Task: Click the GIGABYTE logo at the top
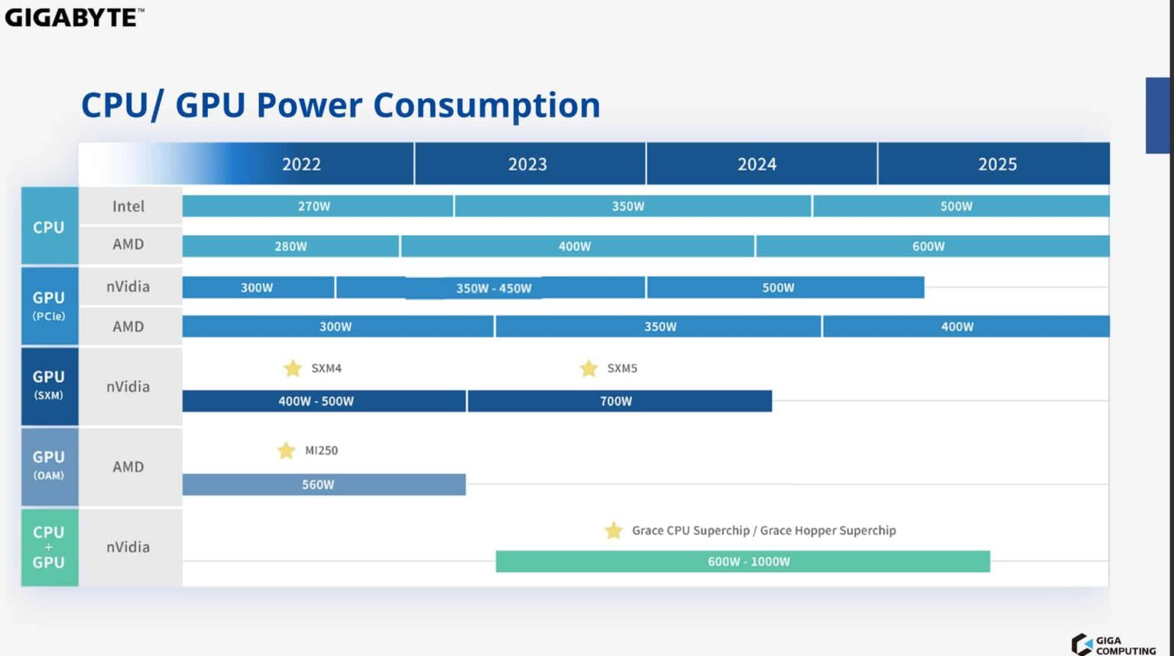click(x=74, y=17)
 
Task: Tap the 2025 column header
click(x=996, y=163)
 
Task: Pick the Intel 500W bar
click(x=960, y=206)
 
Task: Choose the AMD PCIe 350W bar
click(x=658, y=326)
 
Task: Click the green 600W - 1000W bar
click(x=743, y=561)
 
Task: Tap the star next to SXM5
click(x=589, y=368)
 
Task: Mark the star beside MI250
click(x=286, y=451)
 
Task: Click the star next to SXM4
click(x=293, y=368)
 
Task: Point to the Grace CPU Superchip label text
click(x=690, y=530)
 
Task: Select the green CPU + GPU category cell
click(x=49, y=547)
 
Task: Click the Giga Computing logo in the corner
click(x=1113, y=645)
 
